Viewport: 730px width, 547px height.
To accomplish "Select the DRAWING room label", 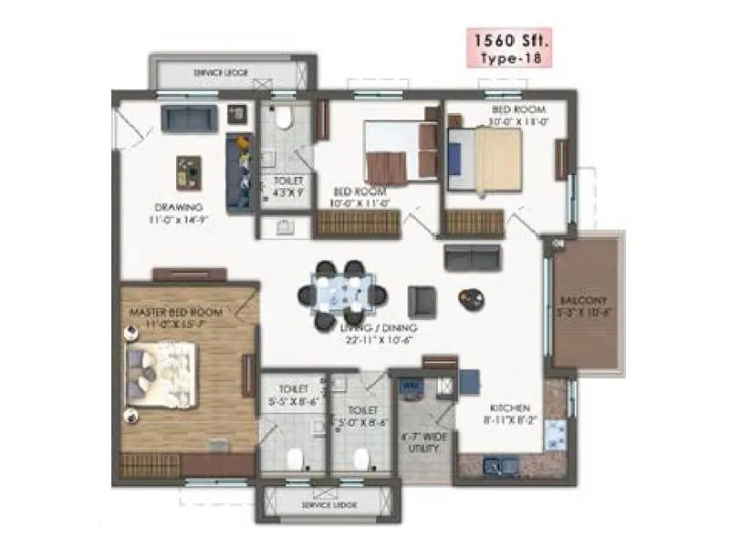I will click(x=178, y=206).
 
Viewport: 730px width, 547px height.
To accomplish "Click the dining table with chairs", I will click(x=350, y=294).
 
